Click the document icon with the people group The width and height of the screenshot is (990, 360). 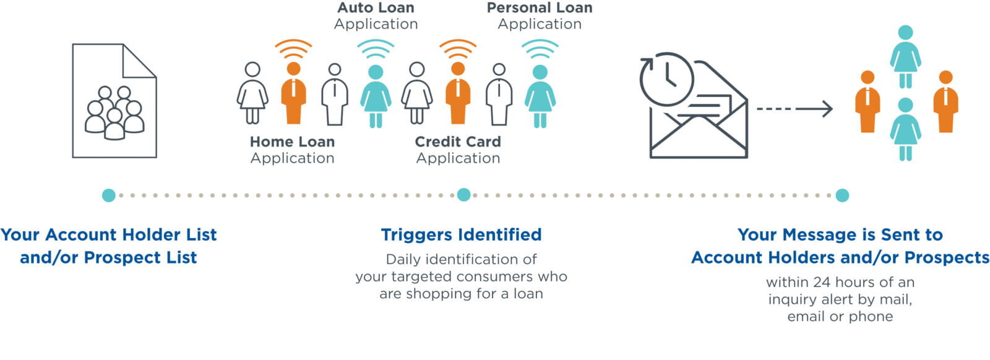pyautogui.click(x=114, y=101)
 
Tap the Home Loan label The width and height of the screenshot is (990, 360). pyautogui.click(x=292, y=150)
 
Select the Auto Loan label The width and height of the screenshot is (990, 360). pyautogui.click(x=376, y=15)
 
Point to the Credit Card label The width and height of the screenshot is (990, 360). pyautogui.click(x=458, y=150)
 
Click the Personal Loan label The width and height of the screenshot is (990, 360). pyautogui.click(x=540, y=15)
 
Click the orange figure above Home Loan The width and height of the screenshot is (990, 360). pyautogui.click(x=293, y=93)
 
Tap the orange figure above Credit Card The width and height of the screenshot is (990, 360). pyautogui.click(x=458, y=93)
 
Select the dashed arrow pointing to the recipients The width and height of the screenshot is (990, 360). pyautogui.click(x=794, y=109)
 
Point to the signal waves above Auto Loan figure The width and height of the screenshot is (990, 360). pyautogui.click(x=376, y=49)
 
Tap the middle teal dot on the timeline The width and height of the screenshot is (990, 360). pyautogui.click(x=463, y=195)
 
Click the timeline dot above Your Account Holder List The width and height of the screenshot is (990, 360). pyautogui.click(x=109, y=195)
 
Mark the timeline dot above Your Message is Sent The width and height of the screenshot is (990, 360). pyautogui.click(x=842, y=195)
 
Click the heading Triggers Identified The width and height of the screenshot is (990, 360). pyautogui.click(x=461, y=235)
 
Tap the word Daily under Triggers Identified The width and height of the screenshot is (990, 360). pyautogui.click(x=403, y=260)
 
